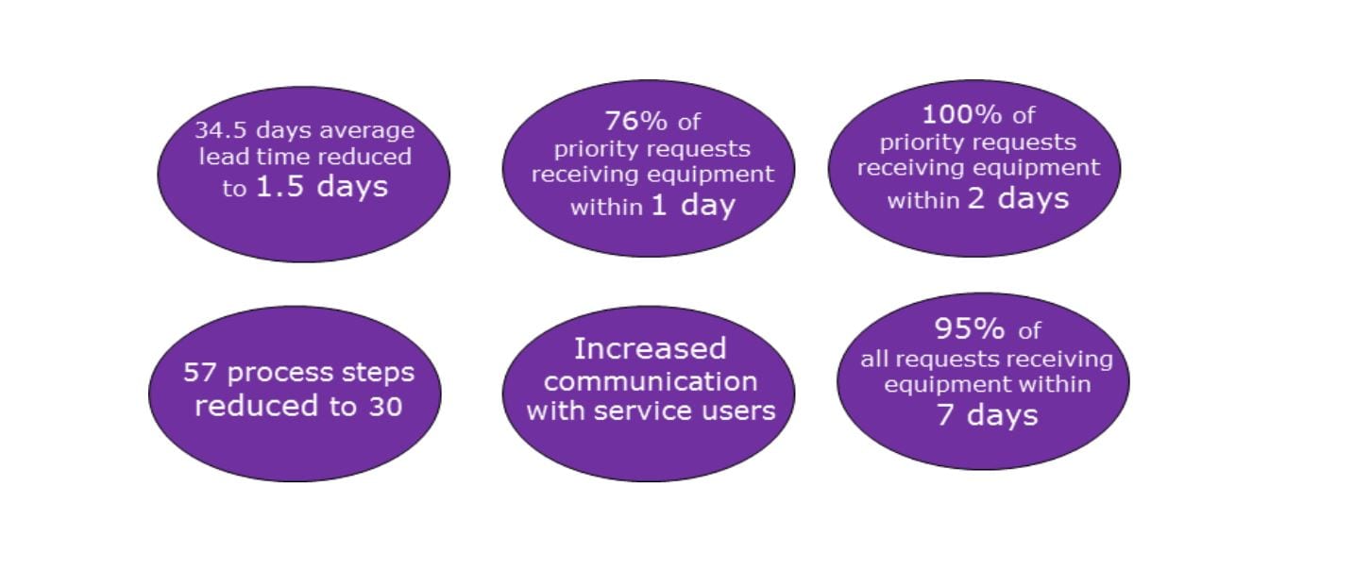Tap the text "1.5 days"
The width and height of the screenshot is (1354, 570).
[322, 186]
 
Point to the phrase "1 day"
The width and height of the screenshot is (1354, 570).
[693, 206]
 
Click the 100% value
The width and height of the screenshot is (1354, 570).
[962, 114]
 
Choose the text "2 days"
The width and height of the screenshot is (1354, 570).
[1018, 199]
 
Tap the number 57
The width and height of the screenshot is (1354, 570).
[199, 373]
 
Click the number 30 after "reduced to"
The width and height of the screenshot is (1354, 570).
[385, 407]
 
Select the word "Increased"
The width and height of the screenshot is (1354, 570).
[650, 349]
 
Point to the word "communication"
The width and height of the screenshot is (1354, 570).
[651, 382]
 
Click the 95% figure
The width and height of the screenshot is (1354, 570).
[970, 328]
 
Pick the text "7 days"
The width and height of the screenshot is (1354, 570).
[987, 415]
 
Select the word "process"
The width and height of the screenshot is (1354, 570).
[279, 373]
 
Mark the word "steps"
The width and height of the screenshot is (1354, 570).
[379, 373]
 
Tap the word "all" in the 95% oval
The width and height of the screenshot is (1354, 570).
[874, 359]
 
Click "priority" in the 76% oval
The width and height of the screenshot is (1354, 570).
[594, 149]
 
